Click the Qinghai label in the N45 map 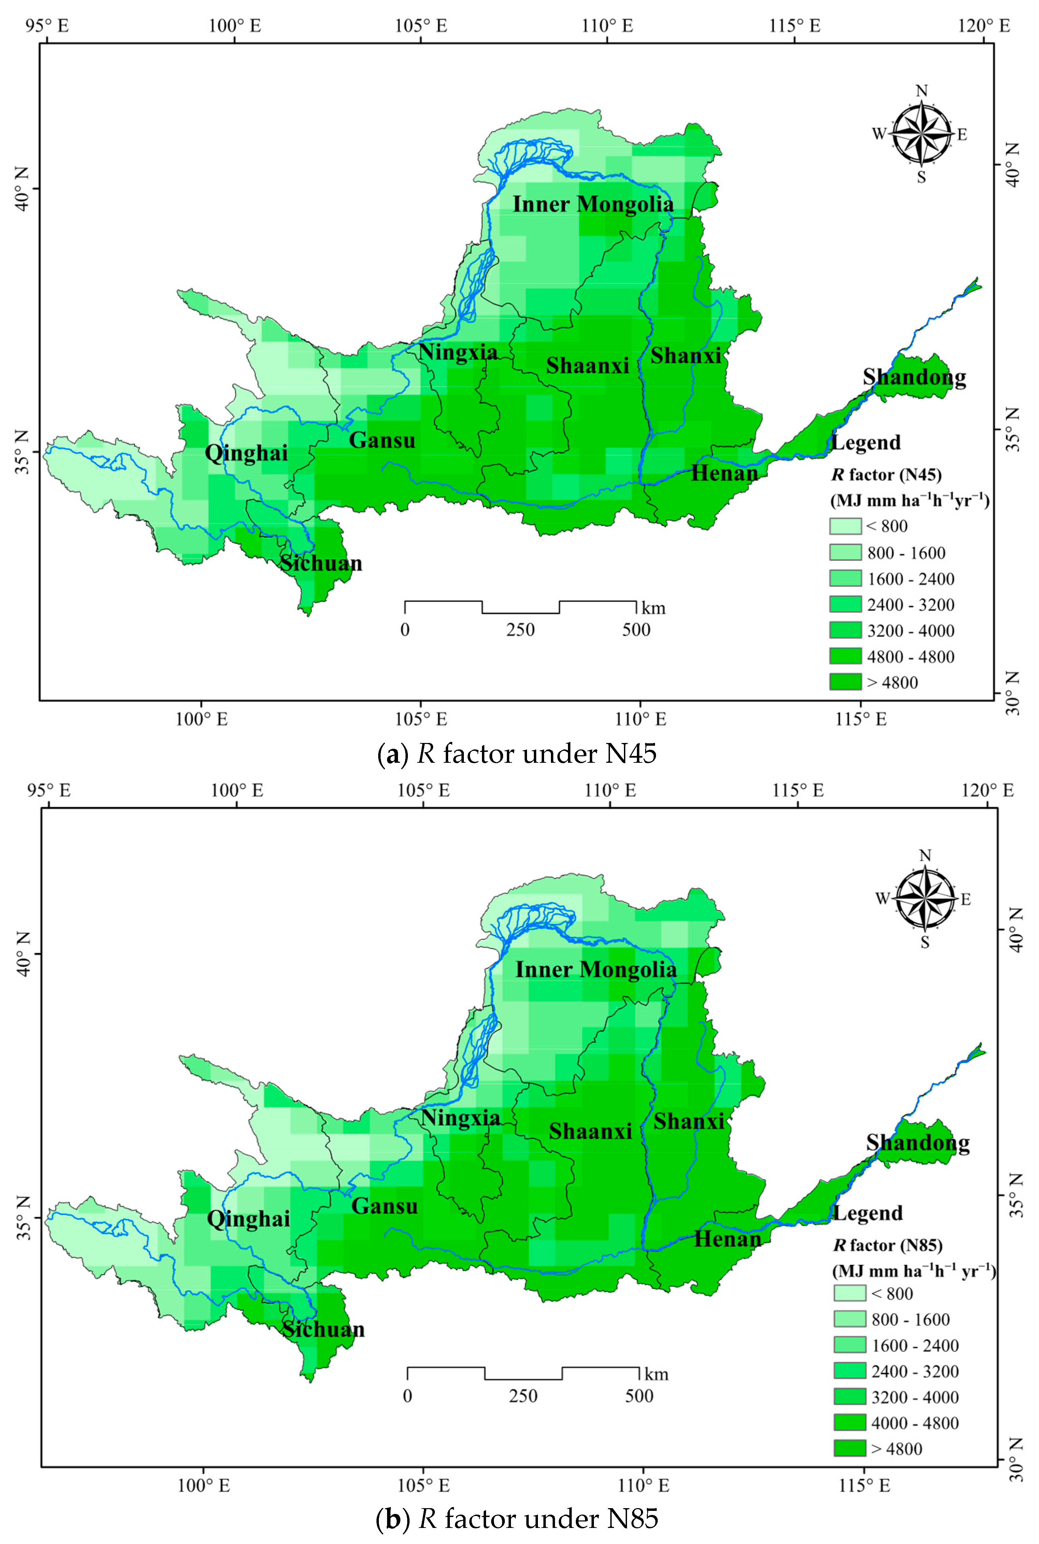coord(246,453)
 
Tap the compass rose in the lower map coord(925,899)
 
